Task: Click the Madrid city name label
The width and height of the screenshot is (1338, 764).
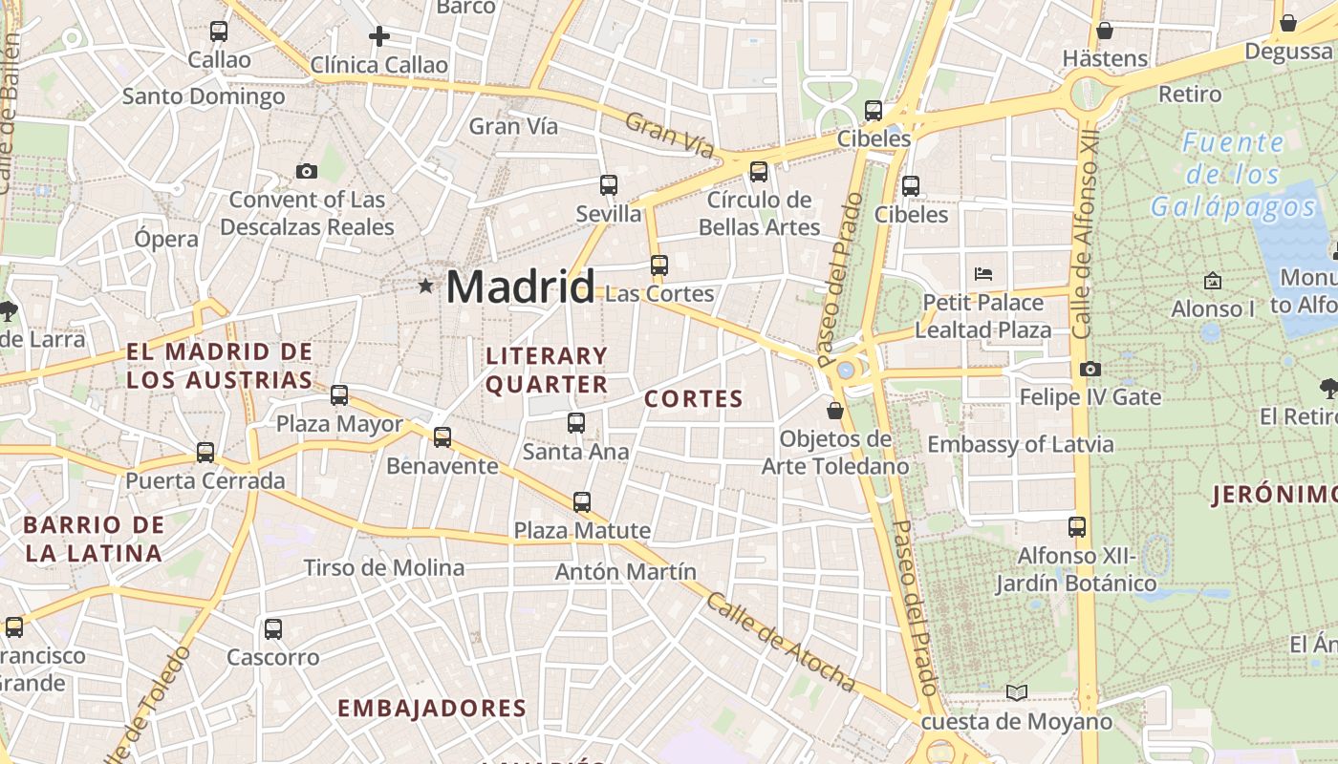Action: [x=520, y=286]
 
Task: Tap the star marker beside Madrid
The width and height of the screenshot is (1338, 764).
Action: [x=425, y=286]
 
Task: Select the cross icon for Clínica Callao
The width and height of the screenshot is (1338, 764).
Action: [x=379, y=37]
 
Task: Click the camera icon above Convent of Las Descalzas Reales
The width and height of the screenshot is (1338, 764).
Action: [x=306, y=172]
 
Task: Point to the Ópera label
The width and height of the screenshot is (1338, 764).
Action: [x=166, y=239]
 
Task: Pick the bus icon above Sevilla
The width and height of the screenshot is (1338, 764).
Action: [x=609, y=185]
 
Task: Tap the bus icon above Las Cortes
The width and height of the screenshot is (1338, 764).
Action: [x=658, y=265]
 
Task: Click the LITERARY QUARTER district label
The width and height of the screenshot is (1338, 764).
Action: [x=547, y=370]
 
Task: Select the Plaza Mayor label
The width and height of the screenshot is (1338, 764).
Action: [x=339, y=424]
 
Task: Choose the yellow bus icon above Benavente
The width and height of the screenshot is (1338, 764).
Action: [x=442, y=437]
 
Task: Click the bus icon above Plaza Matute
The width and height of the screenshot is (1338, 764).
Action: [x=581, y=502]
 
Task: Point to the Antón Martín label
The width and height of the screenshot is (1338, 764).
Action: [x=626, y=572]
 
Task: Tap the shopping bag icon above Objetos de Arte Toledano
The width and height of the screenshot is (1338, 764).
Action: [x=835, y=411]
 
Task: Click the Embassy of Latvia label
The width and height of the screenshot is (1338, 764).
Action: [x=1020, y=444]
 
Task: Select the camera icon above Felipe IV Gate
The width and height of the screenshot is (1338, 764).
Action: [x=1090, y=369]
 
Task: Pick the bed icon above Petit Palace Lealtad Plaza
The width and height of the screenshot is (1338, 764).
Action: [x=983, y=274]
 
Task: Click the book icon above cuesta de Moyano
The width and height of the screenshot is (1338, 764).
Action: [x=1017, y=692]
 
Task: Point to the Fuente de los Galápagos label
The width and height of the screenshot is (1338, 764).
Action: [x=1233, y=175]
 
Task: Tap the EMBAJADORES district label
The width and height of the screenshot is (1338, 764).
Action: [x=432, y=708]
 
